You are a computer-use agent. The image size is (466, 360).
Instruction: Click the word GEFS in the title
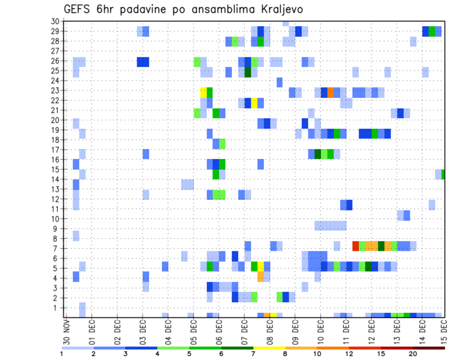point(76,9)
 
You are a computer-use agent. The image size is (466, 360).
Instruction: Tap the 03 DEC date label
point(143,329)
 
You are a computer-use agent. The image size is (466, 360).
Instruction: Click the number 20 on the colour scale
point(412,354)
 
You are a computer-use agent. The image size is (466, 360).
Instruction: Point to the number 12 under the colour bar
point(349,354)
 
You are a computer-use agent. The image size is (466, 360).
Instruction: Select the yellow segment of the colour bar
point(269,348)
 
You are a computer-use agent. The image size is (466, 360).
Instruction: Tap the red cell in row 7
point(355,246)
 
